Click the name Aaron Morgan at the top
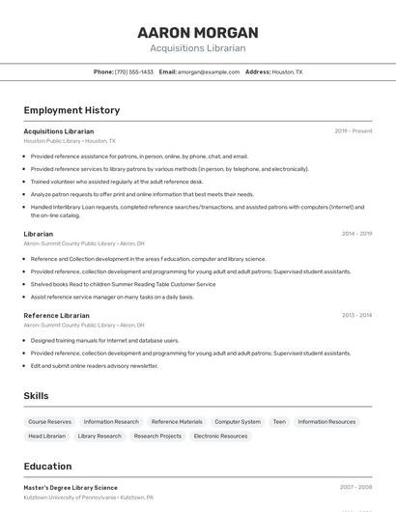coord(198,32)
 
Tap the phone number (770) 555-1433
coord(133,71)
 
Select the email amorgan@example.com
coord(207,71)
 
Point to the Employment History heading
coord(71,110)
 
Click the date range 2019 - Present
coord(353,131)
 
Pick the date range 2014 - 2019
coord(356,234)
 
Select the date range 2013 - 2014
coord(356,316)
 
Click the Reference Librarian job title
coord(56,316)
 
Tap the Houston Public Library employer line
coord(70,141)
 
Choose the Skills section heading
coord(37,396)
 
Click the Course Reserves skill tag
coord(50,422)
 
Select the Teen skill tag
coord(279,422)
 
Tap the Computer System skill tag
coord(238,422)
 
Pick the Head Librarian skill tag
coord(46,437)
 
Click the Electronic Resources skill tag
coord(220,437)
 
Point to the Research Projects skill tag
coord(157,437)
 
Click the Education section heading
coord(48,466)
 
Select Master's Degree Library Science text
coord(71,488)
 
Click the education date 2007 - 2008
coord(355,488)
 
